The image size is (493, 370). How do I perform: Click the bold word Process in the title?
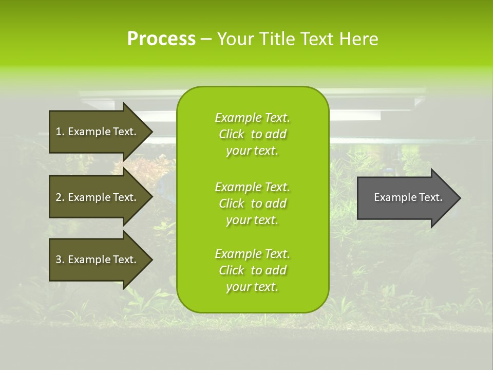pos(161,39)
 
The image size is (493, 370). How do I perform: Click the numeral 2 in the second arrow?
pos(59,197)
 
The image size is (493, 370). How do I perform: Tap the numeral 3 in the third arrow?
pos(59,260)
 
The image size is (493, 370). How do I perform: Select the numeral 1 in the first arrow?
pos(59,132)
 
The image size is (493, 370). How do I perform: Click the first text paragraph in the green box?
pos(252,134)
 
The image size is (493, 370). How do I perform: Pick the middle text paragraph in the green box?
pos(252,203)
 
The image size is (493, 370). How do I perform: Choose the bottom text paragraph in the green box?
pos(252,270)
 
